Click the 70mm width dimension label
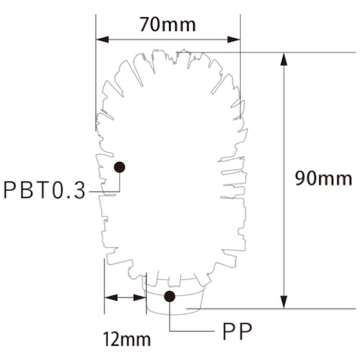coord(168,24)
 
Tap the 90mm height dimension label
coord(323,178)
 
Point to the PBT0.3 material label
coord(45,190)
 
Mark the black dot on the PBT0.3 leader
coord(120,166)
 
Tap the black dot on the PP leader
coord(171,296)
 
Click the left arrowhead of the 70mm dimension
coord(102,39)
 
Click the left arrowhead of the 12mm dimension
coord(109,297)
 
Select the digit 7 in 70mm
coord(144,24)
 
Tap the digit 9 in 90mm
coord(300,178)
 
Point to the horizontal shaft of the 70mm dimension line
coord(168,39)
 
